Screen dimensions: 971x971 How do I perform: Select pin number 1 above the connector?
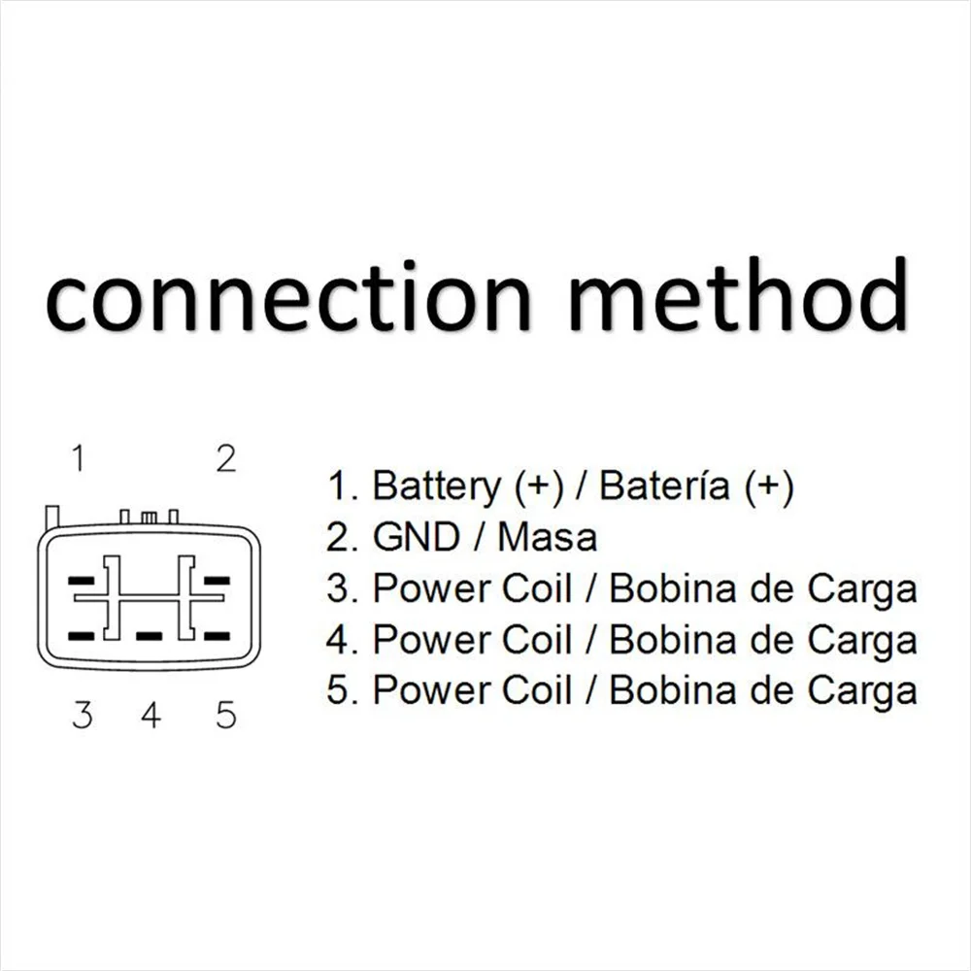tap(79, 457)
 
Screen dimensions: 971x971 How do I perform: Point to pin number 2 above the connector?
tap(225, 457)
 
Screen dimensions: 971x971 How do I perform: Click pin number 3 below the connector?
tap(83, 716)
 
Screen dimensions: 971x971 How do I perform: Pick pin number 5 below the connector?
tap(225, 716)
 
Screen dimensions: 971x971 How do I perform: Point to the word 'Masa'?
tap(547, 537)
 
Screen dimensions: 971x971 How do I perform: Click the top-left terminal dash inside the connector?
tap(81, 581)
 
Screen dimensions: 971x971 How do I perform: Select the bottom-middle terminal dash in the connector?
tap(149, 636)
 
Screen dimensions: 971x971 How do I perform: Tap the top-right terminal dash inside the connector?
tap(217, 581)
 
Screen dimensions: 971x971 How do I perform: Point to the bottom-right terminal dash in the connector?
tap(217, 636)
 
